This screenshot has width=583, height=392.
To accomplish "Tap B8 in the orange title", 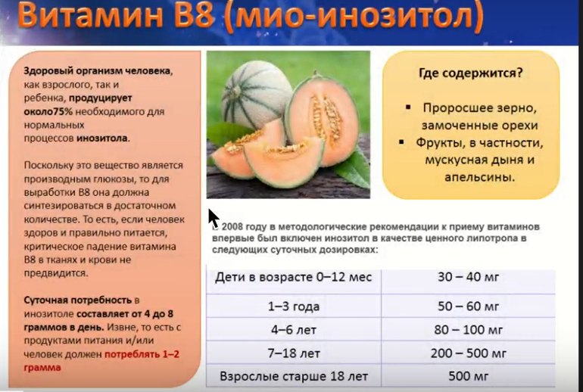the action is pyautogui.click(x=195, y=15).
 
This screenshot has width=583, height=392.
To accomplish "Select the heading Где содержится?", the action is pyautogui.click(x=471, y=73).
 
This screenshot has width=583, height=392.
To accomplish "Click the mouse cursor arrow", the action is pyautogui.click(x=214, y=218).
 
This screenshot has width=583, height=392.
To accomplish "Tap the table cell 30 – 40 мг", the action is pyautogui.click(x=468, y=277).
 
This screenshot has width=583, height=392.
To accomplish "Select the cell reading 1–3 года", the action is pyautogui.click(x=294, y=306).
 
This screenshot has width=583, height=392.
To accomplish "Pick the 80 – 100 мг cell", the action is pyautogui.click(x=468, y=330).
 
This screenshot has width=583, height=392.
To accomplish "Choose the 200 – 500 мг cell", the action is pyautogui.click(x=468, y=353).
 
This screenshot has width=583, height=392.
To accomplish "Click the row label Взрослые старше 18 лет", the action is pyautogui.click(x=294, y=376).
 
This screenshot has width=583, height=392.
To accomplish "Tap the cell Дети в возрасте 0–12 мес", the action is pyautogui.click(x=293, y=277).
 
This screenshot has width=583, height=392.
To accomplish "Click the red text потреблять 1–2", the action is pyautogui.click(x=142, y=354).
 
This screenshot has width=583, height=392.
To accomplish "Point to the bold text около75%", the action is pyautogui.click(x=48, y=111).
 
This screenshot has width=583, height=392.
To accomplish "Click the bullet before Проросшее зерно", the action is pyautogui.click(x=408, y=107).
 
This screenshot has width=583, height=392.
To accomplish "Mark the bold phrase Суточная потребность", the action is pyautogui.click(x=78, y=300).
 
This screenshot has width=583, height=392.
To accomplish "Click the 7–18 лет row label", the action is pyautogui.click(x=294, y=353).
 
